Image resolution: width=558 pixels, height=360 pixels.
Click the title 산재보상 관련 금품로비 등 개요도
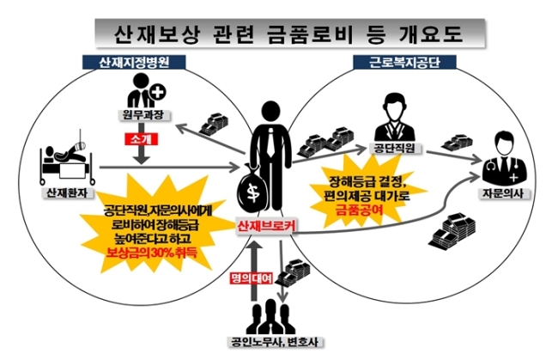click(289, 34)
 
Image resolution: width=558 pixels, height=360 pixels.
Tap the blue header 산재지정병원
click(134, 63)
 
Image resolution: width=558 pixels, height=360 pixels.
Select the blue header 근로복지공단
click(404, 63)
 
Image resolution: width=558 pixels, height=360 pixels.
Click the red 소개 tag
click(141, 139)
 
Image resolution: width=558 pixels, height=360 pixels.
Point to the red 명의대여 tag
click(252, 278)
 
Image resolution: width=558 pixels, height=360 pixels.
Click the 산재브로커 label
click(266, 225)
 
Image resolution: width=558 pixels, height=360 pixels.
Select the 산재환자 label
click(68, 192)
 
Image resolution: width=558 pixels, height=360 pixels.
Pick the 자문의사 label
click(504, 192)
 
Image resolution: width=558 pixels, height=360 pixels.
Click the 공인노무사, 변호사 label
click(276, 342)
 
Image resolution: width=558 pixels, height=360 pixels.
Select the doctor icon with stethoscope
click(505, 159)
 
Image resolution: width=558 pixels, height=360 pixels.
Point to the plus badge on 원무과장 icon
click(158, 92)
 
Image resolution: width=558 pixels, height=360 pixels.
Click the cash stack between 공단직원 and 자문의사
click(458, 142)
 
